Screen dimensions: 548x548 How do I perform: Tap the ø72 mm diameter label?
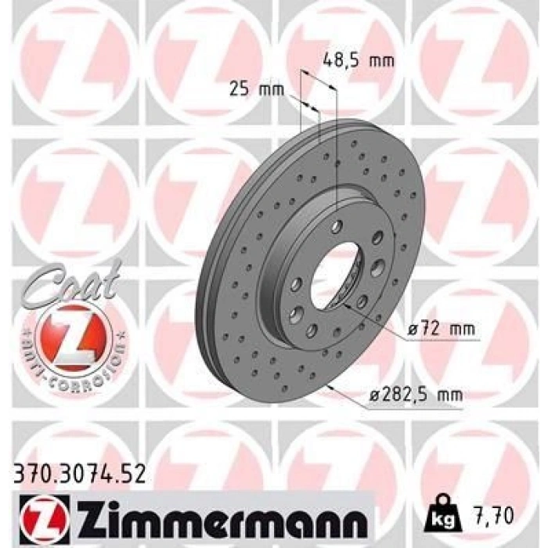point(441,330)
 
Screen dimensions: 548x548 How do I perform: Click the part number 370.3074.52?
point(80,472)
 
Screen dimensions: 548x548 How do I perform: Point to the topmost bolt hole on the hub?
point(336,227)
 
